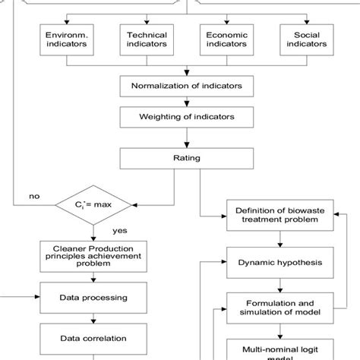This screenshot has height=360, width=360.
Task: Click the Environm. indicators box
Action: click(66, 40)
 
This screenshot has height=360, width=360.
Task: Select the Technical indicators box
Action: click(146, 40)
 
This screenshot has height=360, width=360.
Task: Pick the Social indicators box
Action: click(305, 40)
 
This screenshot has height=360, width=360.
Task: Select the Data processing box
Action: click(93, 298)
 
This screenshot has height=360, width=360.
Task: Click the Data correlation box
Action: click(93, 338)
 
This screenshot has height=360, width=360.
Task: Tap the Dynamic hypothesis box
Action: click(280, 263)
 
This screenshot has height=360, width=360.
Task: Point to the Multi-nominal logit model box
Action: click(280, 349)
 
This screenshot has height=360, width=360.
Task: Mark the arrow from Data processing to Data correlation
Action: click(93, 318)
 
